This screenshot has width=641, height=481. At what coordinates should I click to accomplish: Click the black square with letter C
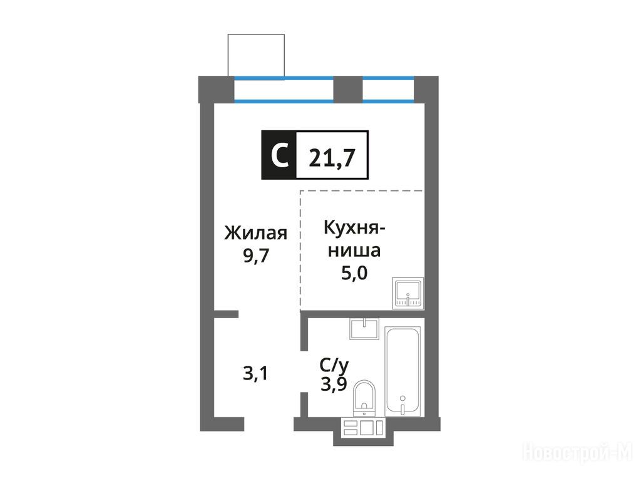click(x=279, y=155)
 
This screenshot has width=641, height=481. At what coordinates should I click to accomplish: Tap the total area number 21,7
click(x=332, y=157)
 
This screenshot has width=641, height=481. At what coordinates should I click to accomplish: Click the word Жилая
click(x=256, y=233)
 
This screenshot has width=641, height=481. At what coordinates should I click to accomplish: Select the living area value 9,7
click(x=256, y=256)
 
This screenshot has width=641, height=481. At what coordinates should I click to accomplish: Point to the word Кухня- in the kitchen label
click(x=354, y=229)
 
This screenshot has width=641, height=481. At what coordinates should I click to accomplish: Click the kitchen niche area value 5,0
click(x=354, y=273)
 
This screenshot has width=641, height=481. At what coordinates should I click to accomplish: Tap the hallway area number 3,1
click(x=255, y=373)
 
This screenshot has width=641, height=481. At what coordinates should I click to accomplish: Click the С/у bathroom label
click(x=334, y=365)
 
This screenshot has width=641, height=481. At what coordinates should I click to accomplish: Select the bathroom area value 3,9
click(x=334, y=385)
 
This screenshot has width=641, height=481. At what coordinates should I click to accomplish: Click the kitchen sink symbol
click(x=408, y=293)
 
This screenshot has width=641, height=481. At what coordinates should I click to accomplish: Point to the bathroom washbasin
click(x=364, y=329)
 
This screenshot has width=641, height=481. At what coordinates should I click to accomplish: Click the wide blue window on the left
click(x=284, y=89)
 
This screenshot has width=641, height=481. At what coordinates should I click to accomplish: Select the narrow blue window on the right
click(x=388, y=89)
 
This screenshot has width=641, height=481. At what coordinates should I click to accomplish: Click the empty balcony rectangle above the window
click(x=256, y=55)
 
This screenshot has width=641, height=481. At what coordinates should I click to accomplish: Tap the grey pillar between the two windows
click(x=348, y=89)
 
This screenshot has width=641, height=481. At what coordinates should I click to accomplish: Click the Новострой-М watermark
click(x=578, y=453)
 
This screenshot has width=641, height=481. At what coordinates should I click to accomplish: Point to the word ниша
click(x=354, y=251)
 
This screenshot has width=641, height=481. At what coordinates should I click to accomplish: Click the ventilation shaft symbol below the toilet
click(x=364, y=427)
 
